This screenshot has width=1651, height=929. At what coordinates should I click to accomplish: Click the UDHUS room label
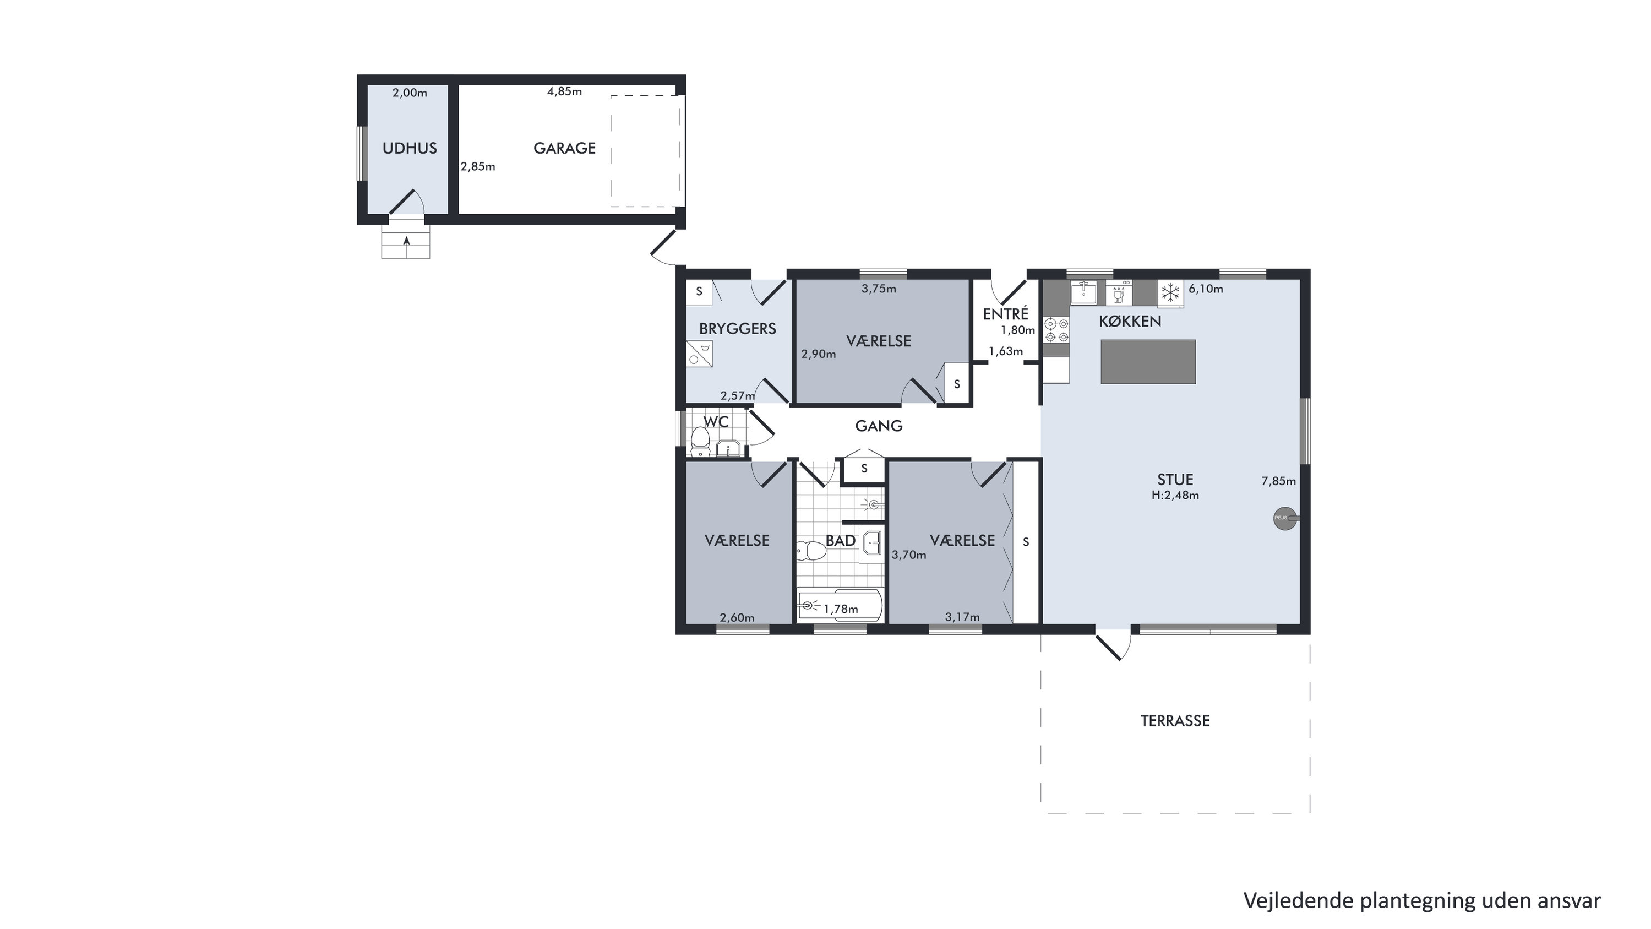(410, 148)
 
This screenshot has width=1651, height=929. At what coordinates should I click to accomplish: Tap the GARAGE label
(565, 148)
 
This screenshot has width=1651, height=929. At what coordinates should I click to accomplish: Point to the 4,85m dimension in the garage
(565, 91)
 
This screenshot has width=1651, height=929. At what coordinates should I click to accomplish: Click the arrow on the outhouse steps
(406, 241)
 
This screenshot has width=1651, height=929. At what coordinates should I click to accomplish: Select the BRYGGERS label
(738, 329)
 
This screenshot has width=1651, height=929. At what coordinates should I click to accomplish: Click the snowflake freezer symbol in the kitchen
(1170, 293)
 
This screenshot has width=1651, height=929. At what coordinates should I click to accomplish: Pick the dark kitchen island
(1148, 362)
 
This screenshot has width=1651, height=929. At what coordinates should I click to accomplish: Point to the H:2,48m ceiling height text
(1175, 495)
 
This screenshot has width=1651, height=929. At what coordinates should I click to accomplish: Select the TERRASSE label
(1175, 721)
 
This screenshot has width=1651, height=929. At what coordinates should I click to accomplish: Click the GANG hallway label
(879, 426)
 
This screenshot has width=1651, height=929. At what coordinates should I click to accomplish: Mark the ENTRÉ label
(1006, 313)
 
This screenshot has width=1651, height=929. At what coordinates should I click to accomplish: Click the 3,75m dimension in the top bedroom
(879, 289)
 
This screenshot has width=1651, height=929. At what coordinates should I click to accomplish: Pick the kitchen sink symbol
(1083, 292)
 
